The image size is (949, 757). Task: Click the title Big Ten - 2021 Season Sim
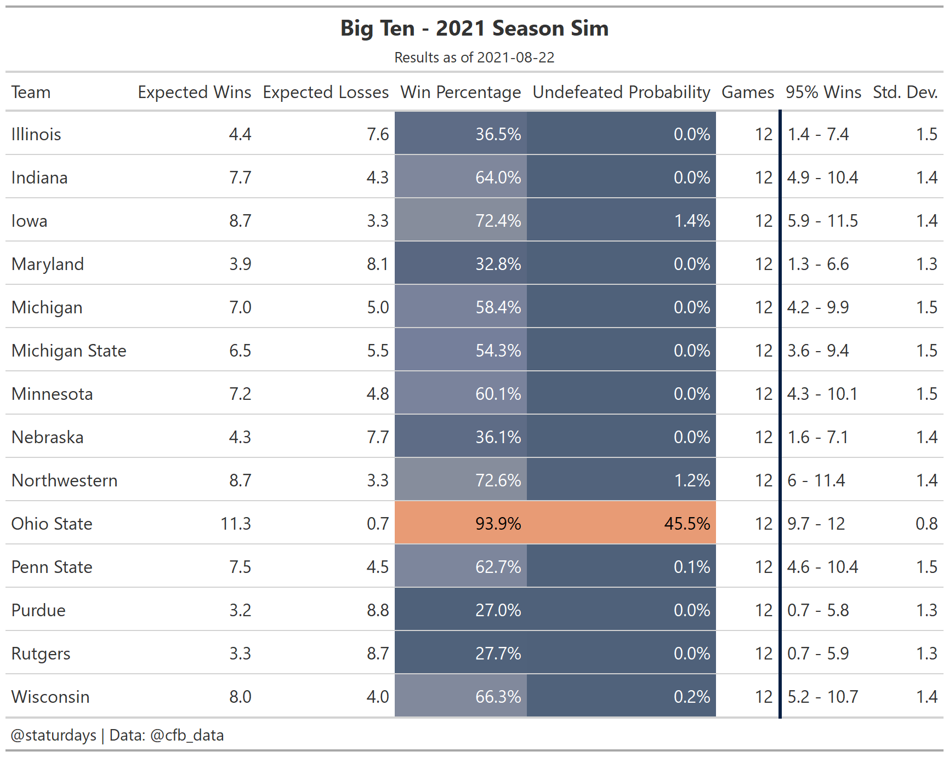474,28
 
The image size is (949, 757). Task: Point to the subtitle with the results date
474,58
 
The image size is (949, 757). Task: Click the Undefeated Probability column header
621,92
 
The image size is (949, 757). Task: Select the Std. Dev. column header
905,92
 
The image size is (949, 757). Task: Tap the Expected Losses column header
326,92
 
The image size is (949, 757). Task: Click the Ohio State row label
52,524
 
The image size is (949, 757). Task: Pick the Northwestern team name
65,480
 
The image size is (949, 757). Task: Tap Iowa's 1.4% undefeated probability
692,221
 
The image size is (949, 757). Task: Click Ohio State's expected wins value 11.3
236,524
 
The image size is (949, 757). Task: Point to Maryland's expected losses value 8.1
378,264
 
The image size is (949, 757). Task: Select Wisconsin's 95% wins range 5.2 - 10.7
823,697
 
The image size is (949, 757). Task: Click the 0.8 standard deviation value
927,524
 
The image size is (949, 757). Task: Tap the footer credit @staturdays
54,735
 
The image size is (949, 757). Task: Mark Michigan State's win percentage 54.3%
498,351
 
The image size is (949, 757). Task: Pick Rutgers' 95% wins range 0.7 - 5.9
818,653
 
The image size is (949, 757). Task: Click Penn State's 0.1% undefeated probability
692,567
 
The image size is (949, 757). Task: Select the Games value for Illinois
764,134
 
